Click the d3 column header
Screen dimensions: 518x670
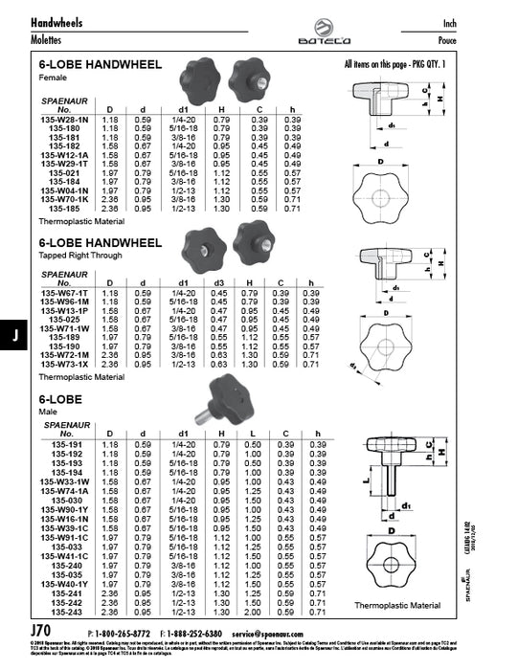[x=218, y=283]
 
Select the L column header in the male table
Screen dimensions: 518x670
[x=252, y=433]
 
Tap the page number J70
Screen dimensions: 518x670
[x=43, y=632]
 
